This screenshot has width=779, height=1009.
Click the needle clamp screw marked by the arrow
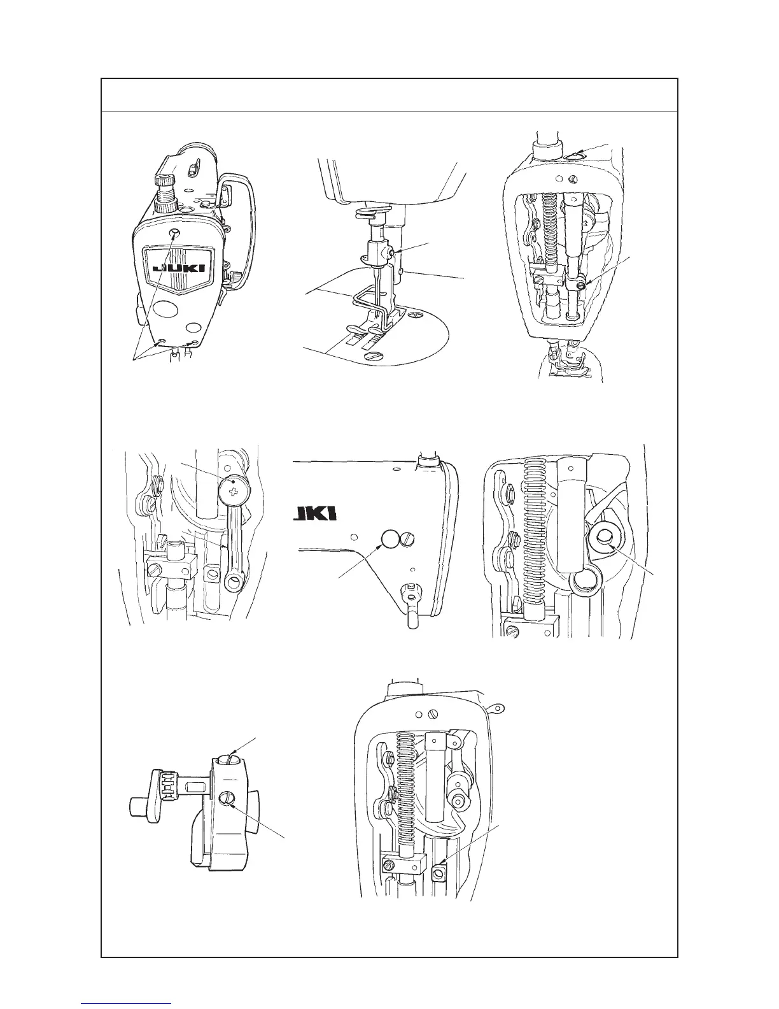pyautogui.click(x=397, y=254)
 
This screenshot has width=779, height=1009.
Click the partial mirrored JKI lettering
pyautogui.click(x=315, y=514)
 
